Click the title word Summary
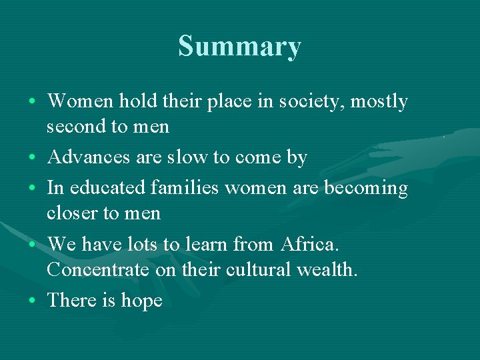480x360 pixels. [x=239, y=47]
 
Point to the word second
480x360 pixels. [x=76, y=125]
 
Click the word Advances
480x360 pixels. [x=91, y=157]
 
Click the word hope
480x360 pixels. [x=141, y=301]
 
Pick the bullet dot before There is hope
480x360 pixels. [x=33, y=302]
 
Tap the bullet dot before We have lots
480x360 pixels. [x=33, y=246]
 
